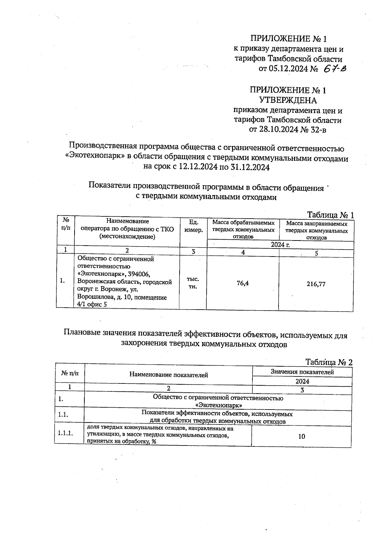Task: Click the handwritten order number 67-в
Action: click(x=334, y=68)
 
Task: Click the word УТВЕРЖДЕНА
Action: click(x=288, y=101)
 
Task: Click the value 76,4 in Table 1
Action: click(x=243, y=283)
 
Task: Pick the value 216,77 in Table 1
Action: click(x=316, y=284)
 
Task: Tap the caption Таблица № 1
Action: click(x=330, y=215)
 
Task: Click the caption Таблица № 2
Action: click(x=329, y=362)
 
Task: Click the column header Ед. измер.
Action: click(x=193, y=226)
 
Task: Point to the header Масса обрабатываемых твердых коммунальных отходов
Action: click(x=243, y=229)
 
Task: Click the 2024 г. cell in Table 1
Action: click(x=280, y=244)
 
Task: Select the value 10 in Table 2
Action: click(x=301, y=437)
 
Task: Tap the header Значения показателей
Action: click(x=302, y=372)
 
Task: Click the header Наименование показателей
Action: click(x=168, y=375)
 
